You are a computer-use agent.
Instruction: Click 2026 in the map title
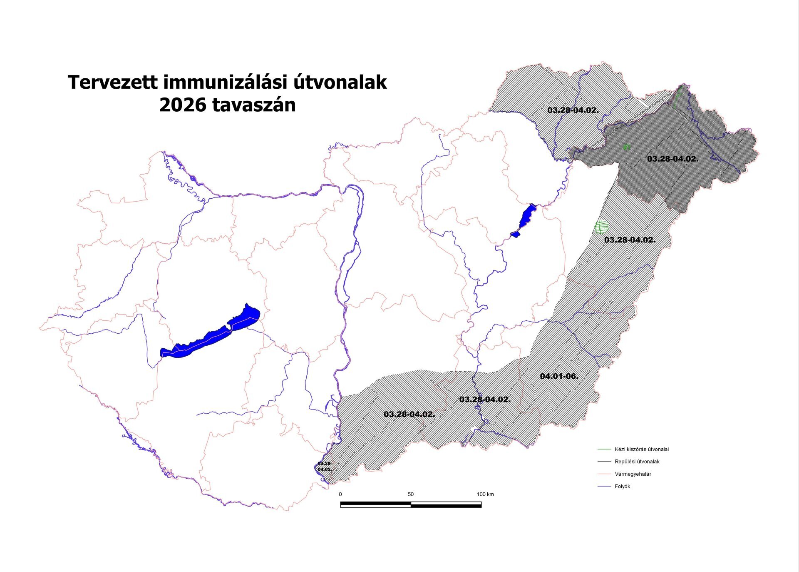[x=182, y=105]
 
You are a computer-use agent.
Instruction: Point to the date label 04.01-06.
[x=559, y=376]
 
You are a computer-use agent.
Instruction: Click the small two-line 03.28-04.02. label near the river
[x=325, y=466]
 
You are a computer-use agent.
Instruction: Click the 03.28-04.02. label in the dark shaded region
[x=672, y=159]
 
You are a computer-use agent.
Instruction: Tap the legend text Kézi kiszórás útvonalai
[x=641, y=449]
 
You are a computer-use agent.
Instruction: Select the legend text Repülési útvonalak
[x=637, y=462]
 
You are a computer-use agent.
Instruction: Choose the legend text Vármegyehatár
[x=633, y=474]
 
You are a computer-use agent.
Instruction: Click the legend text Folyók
[x=622, y=486]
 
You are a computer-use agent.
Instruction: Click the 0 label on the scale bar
[x=340, y=495]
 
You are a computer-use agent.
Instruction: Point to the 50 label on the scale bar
[x=410, y=495]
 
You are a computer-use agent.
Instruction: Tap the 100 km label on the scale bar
[x=485, y=495]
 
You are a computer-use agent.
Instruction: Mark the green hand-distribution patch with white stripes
[x=602, y=227]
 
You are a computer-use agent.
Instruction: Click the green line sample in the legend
[x=604, y=449]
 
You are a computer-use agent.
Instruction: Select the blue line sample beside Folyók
[x=604, y=486]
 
